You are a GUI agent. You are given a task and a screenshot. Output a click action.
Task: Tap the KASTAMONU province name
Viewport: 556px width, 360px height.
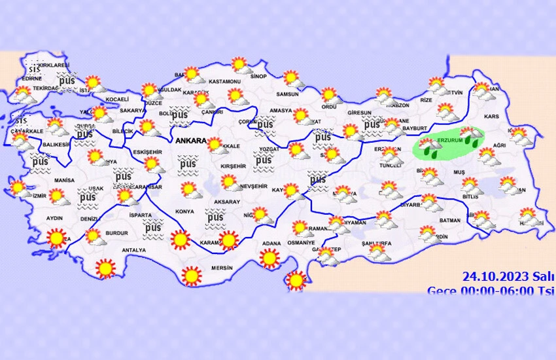[x=226, y=81]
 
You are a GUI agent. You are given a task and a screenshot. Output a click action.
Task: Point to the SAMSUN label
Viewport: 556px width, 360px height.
[x=287, y=94]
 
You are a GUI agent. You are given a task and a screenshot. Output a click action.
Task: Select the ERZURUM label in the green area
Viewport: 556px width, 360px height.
[x=451, y=140]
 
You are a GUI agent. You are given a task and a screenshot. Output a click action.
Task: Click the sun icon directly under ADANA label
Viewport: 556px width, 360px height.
[x=269, y=258]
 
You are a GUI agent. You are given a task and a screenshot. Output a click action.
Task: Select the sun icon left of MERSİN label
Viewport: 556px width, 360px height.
[x=192, y=276]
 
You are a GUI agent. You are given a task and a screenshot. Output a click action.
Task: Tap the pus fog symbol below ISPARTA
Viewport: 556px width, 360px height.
[x=153, y=228]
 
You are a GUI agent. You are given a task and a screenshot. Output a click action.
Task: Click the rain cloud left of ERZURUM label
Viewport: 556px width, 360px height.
[x=429, y=147]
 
